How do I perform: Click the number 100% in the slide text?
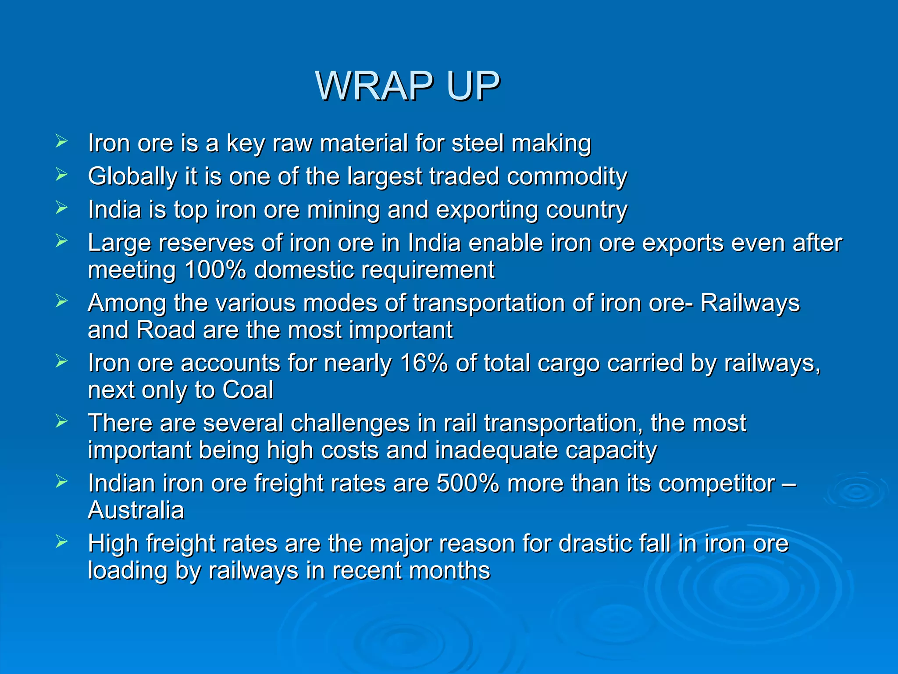click(x=215, y=270)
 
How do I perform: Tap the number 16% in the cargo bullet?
click(x=424, y=363)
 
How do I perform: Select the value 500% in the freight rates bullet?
click(x=467, y=484)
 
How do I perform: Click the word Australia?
click(x=136, y=510)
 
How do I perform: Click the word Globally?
click(x=132, y=177)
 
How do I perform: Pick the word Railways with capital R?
click(x=750, y=303)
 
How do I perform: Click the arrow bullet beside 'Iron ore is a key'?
click(x=61, y=141)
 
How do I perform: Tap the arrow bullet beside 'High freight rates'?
click(x=61, y=542)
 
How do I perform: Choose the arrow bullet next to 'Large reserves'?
click(x=61, y=241)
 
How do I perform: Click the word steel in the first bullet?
click(x=478, y=143)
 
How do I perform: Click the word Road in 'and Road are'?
click(x=166, y=330)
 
